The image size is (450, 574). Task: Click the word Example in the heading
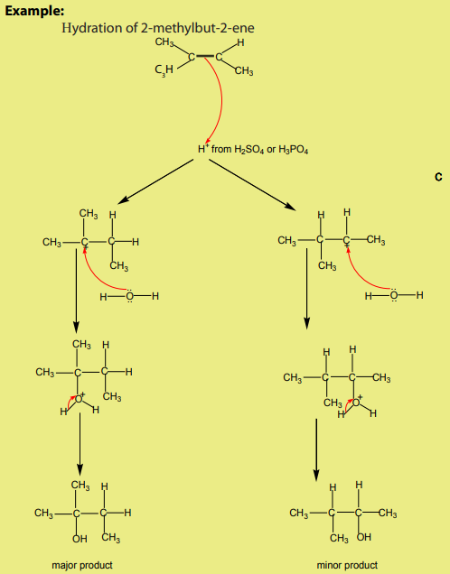34,11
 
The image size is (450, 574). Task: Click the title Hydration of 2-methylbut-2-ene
158,28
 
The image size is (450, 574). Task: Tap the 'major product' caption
82,565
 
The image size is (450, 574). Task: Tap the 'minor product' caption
347,565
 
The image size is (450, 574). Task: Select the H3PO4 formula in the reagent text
293,150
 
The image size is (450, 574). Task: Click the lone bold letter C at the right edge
438,177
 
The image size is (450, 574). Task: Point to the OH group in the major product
80,539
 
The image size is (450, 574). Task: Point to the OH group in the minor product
364,537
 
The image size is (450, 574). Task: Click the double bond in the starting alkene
205,56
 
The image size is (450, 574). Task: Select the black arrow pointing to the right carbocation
252,185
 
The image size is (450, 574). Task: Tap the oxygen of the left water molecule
130,296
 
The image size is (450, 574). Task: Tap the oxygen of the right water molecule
394,295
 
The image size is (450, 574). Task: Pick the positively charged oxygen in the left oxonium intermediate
79,399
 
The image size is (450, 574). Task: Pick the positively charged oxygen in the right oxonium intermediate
355,403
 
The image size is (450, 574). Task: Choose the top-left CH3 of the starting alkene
164,42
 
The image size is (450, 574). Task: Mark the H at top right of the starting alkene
240,42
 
